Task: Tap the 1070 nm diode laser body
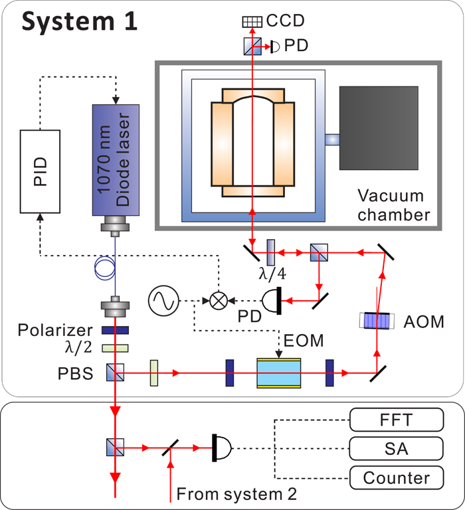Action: pos(116,159)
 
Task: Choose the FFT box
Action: pos(396,419)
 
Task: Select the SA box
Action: pos(396,449)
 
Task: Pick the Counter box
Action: pos(396,477)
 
